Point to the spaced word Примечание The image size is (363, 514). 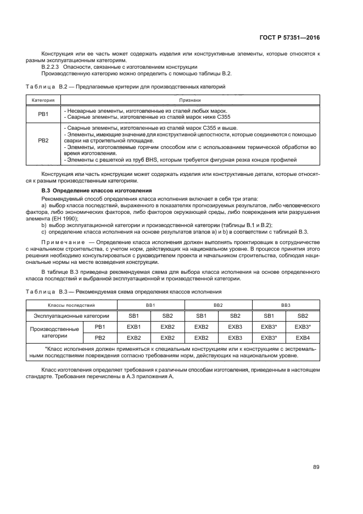(60, 242)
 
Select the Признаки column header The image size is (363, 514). (190, 101)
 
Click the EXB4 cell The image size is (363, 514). (303, 338)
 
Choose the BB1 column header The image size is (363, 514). (150, 305)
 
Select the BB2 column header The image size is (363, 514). (218, 305)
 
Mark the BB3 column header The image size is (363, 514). (286, 305)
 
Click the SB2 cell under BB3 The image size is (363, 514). (303, 316)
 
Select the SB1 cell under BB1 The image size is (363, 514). (134, 316)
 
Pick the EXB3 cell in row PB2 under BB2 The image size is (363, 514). (235, 338)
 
